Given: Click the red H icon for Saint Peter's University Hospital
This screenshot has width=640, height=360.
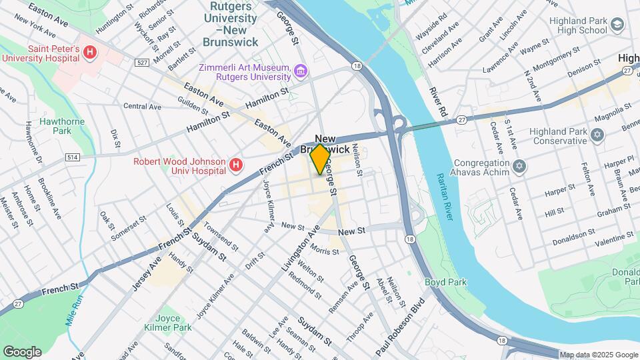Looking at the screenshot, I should [x=90, y=52].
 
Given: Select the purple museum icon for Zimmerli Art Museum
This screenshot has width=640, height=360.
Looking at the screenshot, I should [x=301, y=70].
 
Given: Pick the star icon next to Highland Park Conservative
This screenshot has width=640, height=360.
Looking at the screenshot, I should [x=597, y=135].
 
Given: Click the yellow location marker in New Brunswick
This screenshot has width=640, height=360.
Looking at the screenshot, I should [x=321, y=159].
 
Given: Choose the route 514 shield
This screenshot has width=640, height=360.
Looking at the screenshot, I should [x=73, y=157].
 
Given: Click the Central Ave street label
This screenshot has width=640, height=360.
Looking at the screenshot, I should [x=143, y=106].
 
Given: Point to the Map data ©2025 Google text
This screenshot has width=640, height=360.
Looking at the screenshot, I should [x=598, y=355].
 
